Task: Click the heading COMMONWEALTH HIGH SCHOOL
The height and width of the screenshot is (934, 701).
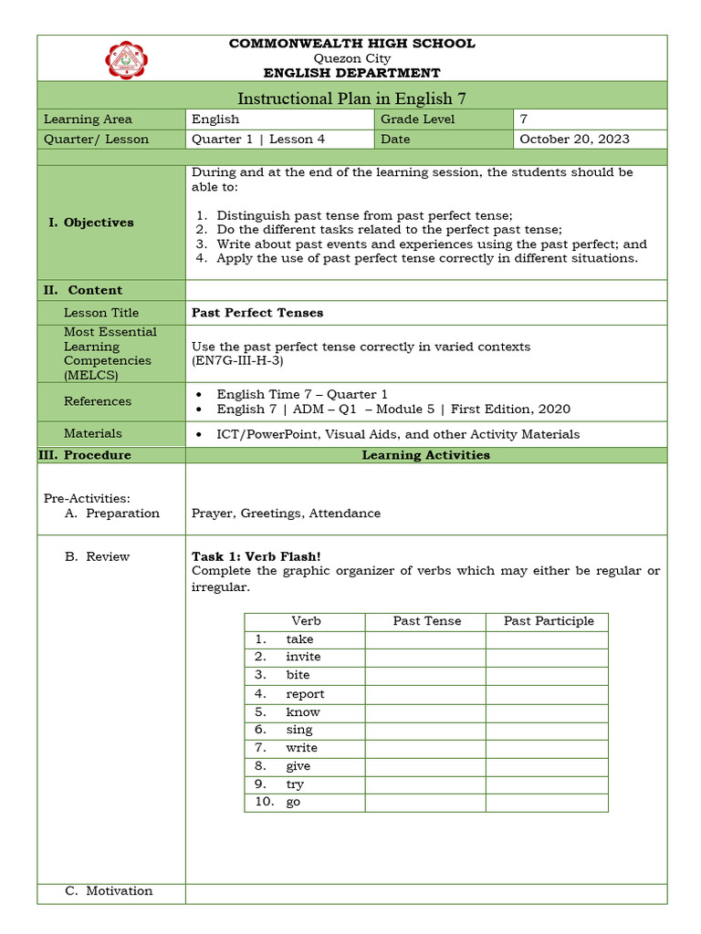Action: [351, 43]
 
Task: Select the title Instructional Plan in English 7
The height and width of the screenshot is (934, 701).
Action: [351, 99]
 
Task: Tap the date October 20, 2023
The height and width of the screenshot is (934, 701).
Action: [574, 139]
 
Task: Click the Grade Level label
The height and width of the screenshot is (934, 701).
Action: [417, 119]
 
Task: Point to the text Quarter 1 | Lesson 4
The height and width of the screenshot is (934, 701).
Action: [258, 139]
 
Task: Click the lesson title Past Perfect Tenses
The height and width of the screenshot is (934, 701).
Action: [257, 312]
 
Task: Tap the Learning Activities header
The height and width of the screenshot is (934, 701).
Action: [425, 454]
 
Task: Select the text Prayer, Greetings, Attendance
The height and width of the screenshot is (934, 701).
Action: [286, 513]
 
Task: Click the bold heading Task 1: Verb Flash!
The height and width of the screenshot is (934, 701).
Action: [256, 556]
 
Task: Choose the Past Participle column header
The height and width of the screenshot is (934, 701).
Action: [549, 621]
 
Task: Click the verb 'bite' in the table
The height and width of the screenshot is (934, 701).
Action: [298, 675]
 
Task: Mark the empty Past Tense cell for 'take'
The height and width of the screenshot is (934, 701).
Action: [425, 639]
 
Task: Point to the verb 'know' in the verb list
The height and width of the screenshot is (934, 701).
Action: [303, 711]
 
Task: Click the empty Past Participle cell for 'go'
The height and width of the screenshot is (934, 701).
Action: [547, 803]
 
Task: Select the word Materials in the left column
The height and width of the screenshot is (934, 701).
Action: [92, 433]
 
